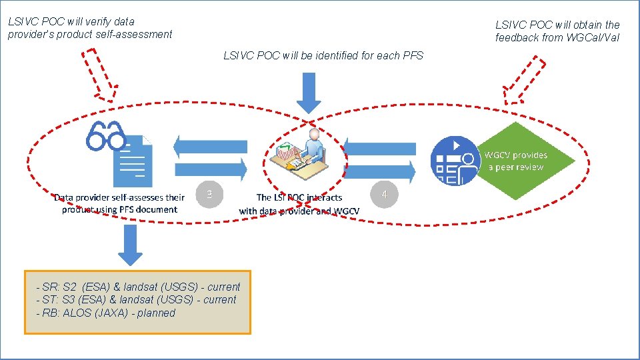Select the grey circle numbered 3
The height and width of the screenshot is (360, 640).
209,195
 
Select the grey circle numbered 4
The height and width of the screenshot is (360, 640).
383,195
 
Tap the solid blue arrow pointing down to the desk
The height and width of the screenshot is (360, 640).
309,93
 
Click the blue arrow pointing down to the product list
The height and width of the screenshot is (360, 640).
131,244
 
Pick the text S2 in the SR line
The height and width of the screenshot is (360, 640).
70,287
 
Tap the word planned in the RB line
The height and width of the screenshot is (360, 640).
156,313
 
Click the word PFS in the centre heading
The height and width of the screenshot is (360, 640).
413,55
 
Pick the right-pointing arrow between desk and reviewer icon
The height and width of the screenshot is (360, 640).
381,173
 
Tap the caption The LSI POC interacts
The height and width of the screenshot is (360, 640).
299,197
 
